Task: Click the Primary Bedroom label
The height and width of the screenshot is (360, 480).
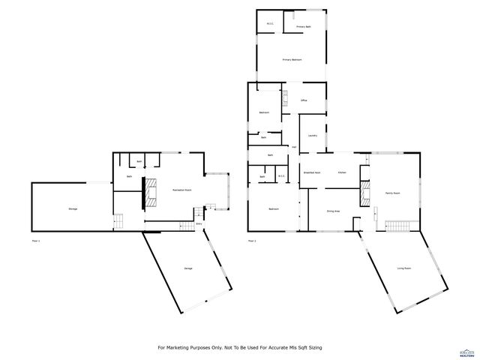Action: [x=292, y=59]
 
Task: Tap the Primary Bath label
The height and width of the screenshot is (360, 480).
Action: [x=303, y=27]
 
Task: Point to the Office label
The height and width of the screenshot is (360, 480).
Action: [x=304, y=100]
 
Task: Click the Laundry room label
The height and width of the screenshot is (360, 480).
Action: [x=312, y=136]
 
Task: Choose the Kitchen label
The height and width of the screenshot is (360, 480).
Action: [x=341, y=172]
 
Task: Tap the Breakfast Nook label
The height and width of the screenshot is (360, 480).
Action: [x=311, y=172]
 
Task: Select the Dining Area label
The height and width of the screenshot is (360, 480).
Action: [x=333, y=211]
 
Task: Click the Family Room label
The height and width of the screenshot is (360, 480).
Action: [x=392, y=193]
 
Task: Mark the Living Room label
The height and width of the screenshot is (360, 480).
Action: [x=403, y=268]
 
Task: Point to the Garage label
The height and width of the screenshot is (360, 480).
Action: [x=187, y=268]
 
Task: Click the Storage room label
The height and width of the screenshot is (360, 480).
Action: [x=73, y=208]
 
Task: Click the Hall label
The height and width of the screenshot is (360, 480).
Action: [x=294, y=146]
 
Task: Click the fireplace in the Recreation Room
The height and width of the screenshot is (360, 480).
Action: [x=151, y=191]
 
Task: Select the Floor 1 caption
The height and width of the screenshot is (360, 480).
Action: [x=36, y=241]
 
